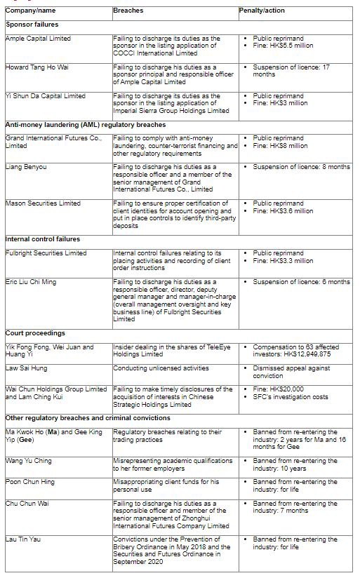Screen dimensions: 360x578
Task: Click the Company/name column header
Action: pos(32,11)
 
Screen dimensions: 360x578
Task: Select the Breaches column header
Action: pos(128,11)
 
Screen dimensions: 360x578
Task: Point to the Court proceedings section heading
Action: pos(36,333)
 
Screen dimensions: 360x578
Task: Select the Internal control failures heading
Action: pos(43,239)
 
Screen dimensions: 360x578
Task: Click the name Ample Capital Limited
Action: pos(38,39)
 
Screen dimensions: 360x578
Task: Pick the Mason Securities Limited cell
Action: pos(43,203)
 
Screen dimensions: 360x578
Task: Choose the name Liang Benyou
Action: pos(25,167)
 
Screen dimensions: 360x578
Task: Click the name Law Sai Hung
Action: pos(27,368)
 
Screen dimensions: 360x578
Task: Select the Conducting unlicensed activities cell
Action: pos(161,368)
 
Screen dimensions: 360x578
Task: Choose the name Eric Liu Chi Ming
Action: pos(32,282)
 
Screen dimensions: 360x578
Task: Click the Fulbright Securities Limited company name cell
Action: pos(46,253)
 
